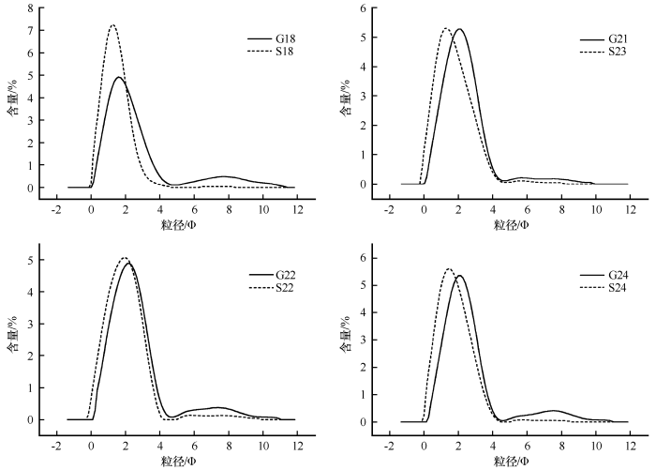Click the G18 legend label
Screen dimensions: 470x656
click(285, 39)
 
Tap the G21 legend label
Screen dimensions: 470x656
click(618, 39)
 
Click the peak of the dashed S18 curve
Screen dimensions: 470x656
click(112, 25)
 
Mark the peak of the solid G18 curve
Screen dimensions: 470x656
click(119, 77)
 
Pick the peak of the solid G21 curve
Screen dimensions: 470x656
click(458, 29)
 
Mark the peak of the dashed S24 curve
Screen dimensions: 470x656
click(448, 269)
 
